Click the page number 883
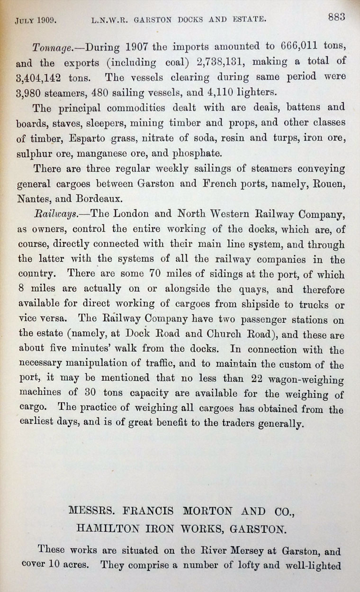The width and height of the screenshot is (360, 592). coord(335,17)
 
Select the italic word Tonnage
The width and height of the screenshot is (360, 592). coord(52,48)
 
